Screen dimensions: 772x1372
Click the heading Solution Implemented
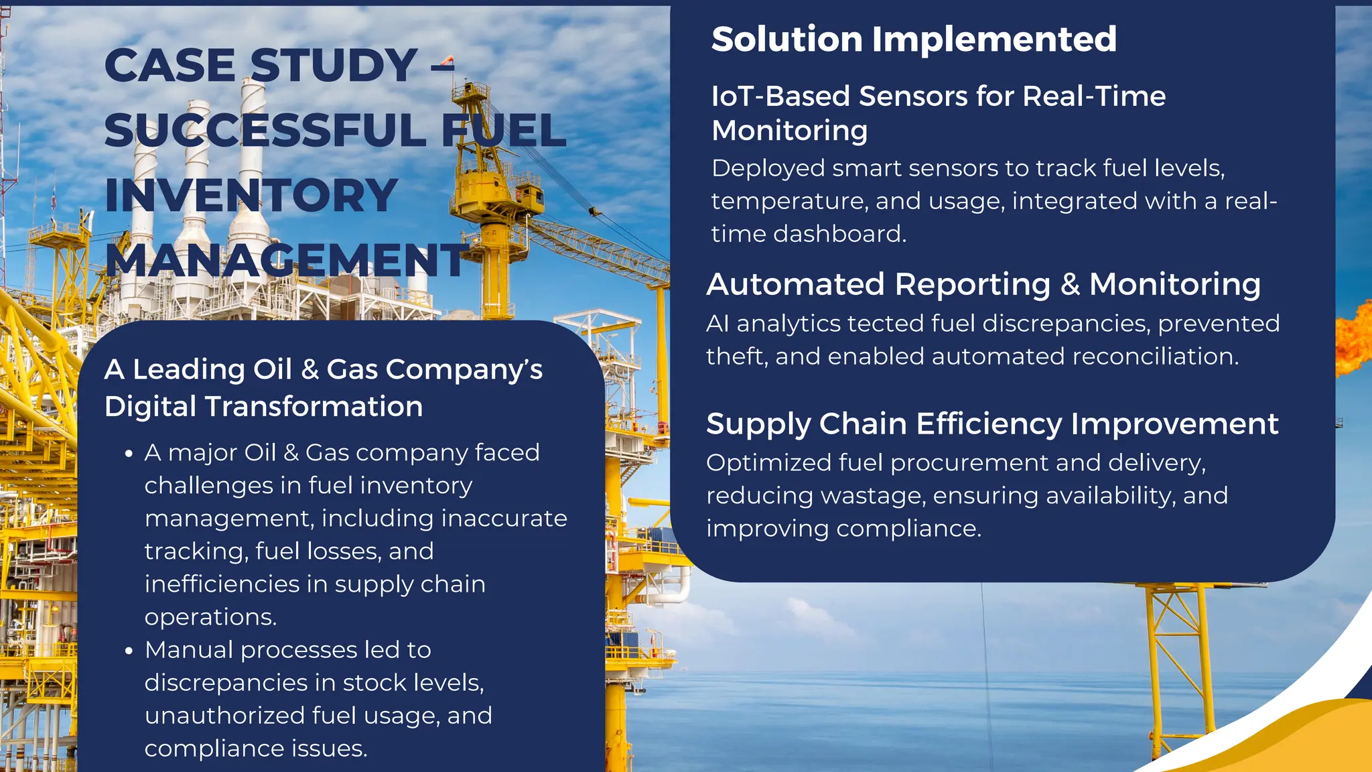(x=913, y=39)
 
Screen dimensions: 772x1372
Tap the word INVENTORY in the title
(x=251, y=196)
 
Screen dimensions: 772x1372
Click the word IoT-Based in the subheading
(x=780, y=96)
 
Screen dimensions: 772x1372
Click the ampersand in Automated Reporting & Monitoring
(x=1070, y=285)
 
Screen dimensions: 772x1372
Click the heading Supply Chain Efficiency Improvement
(x=992, y=424)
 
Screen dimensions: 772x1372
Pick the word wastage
(x=873, y=496)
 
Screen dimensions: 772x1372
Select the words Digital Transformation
(x=263, y=407)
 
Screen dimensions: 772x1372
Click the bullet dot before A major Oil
(x=129, y=454)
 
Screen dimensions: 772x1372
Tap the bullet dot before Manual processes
(x=129, y=651)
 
